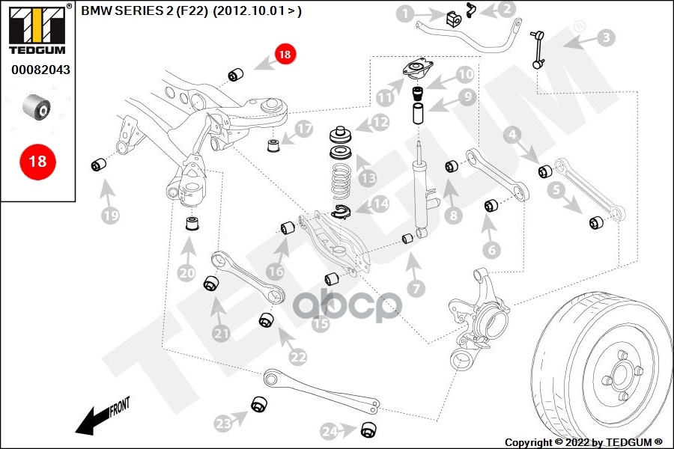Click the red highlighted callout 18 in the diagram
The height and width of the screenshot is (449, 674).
pyautogui.click(x=285, y=54)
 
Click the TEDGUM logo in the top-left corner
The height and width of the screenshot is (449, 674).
pyautogui.click(x=37, y=29)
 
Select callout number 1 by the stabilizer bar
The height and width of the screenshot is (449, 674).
pyautogui.click(x=404, y=13)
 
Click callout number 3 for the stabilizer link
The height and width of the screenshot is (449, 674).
pyautogui.click(x=605, y=36)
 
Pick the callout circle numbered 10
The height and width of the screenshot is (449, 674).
pyautogui.click(x=466, y=74)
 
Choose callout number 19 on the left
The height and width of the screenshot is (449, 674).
pyautogui.click(x=111, y=216)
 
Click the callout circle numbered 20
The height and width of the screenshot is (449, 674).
pyautogui.click(x=186, y=273)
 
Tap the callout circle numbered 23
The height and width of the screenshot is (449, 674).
pyautogui.click(x=223, y=424)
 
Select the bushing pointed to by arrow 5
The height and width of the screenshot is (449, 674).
pyautogui.click(x=597, y=222)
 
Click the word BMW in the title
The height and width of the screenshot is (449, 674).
pyautogui.click(x=94, y=12)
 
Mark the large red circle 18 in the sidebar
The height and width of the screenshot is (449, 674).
pyautogui.click(x=37, y=161)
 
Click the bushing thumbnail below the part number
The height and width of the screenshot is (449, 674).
pyautogui.click(x=37, y=107)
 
